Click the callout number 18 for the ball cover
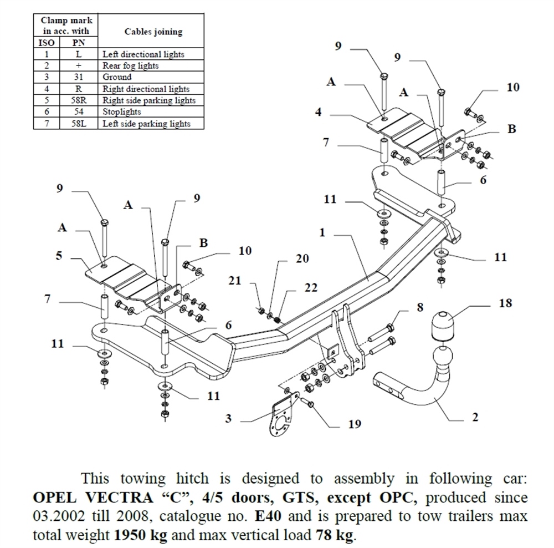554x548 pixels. pos(505,303)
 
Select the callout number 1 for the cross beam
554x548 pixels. pos(322,233)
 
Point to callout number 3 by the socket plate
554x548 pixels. pos(228,418)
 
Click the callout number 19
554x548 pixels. pos(355,424)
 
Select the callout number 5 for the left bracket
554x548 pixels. pos(59,256)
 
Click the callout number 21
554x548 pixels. pos(236,281)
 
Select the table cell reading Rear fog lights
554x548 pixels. pos(131,65)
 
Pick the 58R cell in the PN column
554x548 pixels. pos(78,100)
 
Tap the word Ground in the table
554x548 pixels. pos(117,77)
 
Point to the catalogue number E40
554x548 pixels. pos(265,517)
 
